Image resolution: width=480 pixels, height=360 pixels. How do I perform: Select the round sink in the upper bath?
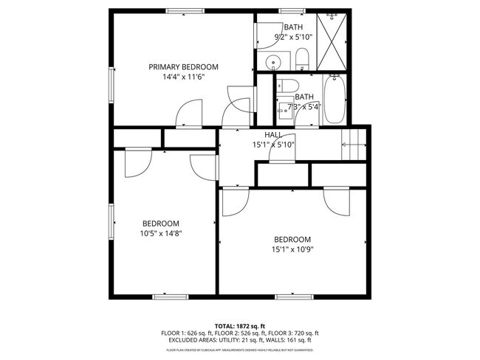click(273, 62)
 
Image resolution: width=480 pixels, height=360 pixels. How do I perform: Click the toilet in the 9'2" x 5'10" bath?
click(302, 56)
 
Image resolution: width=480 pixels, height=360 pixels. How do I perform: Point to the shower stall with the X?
click(332, 41)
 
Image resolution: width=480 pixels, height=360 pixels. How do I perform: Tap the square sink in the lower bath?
click(284, 111)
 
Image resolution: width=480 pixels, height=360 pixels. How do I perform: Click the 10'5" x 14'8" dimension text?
click(161, 233)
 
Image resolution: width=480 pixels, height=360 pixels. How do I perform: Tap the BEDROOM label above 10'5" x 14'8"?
click(161, 224)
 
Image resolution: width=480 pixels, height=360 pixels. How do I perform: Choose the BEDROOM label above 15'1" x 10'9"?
click(292, 239)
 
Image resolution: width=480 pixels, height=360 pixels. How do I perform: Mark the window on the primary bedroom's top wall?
click(181, 11)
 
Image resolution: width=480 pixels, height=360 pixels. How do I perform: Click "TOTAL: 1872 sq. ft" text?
click(239, 326)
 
